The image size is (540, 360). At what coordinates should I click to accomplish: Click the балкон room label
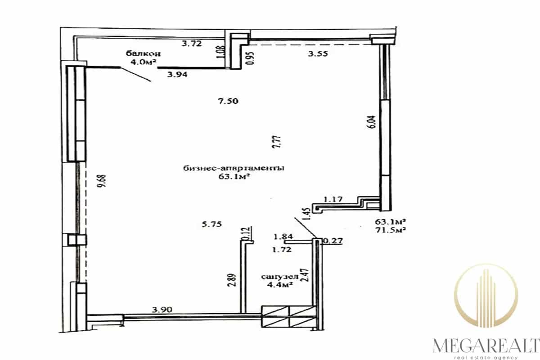[x=143, y=53]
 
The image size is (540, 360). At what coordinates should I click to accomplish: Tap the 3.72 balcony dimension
[x=192, y=44]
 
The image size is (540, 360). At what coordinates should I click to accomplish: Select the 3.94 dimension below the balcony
[x=177, y=75]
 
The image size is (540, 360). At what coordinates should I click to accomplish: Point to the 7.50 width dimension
[x=228, y=101]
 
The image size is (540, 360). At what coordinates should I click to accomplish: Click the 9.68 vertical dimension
[x=103, y=181]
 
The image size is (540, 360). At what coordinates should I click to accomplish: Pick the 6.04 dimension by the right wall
[x=372, y=122]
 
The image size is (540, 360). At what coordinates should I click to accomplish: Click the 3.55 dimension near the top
[x=318, y=54]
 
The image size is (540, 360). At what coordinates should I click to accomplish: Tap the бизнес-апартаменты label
[x=234, y=168]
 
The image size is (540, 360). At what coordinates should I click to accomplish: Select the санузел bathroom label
[x=279, y=277]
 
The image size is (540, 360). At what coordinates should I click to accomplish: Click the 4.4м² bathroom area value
[x=279, y=285]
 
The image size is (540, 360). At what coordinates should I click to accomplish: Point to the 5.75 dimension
[x=211, y=224]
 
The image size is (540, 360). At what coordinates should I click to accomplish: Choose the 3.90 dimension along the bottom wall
[x=162, y=309]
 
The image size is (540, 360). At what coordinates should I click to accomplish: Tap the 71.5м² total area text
[x=390, y=230]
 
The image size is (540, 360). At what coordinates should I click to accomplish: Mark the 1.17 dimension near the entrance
[x=333, y=199]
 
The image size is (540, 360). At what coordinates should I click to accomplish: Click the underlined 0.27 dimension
[x=333, y=241]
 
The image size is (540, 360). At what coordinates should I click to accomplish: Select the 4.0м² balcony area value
[x=143, y=62]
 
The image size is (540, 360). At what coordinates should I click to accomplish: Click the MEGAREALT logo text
[x=486, y=346]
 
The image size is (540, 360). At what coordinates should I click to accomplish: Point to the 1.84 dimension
[x=283, y=237]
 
